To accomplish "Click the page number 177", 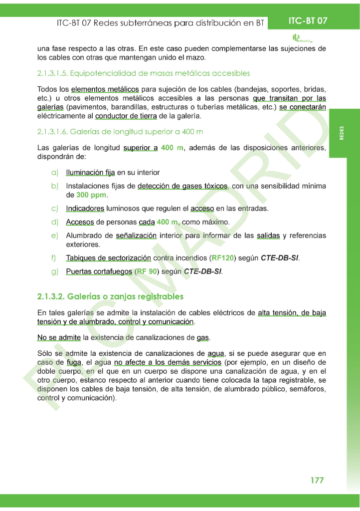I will point(317,480).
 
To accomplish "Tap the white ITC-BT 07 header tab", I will point(308,21).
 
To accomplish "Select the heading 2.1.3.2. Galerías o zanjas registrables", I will point(110,296).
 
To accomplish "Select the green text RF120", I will point(223,258).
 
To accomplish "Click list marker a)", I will point(55,173).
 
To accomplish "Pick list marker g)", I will point(55,271).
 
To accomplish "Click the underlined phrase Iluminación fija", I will point(90,173).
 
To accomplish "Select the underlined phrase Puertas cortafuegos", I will point(98,271).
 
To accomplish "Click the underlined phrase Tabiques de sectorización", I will point(108,258).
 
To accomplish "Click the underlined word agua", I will point(216,353).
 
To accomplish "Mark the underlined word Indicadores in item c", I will point(85,208).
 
